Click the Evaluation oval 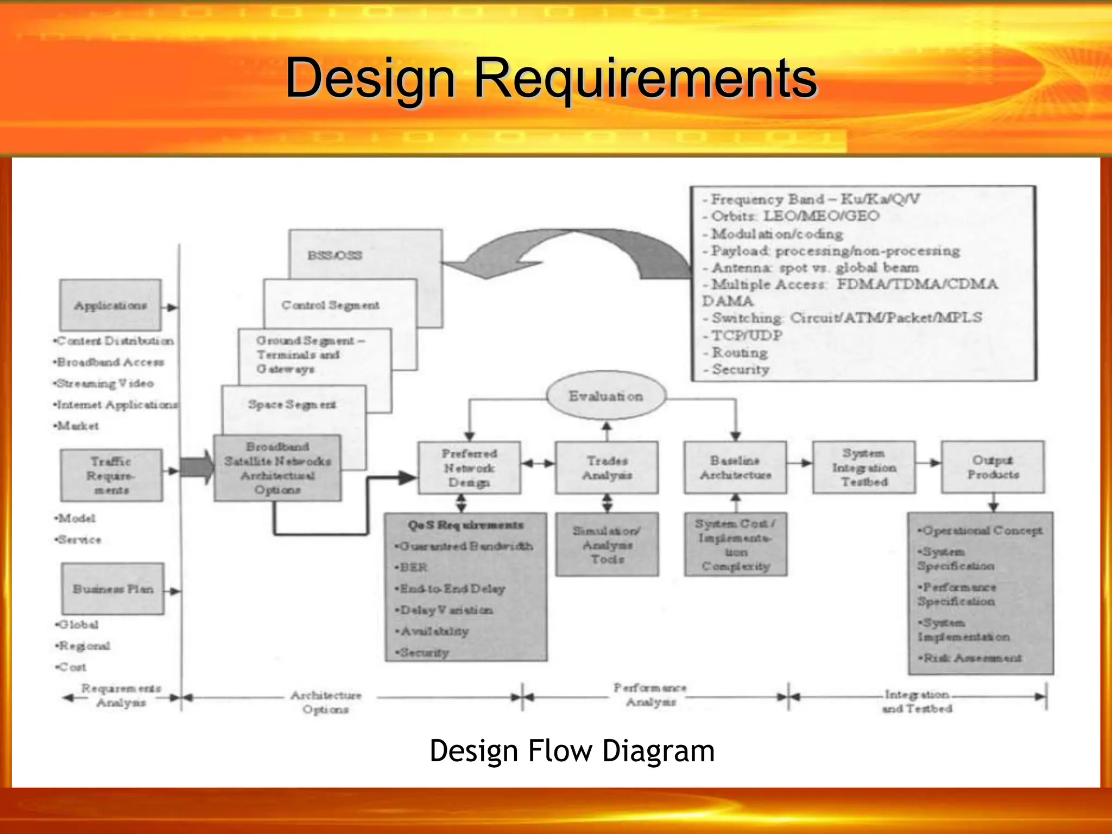pyautogui.click(x=606, y=396)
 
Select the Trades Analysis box pyautogui.click(x=606, y=467)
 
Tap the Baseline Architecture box pyautogui.click(x=735, y=467)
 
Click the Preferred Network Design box pyautogui.click(x=469, y=467)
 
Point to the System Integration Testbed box pyautogui.click(x=864, y=467)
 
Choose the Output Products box pyautogui.click(x=993, y=467)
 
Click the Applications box pyautogui.click(x=111, y=305)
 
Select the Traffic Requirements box pyautogui.click(x=111, y=475)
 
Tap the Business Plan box pyautogui.click(x=113, y=589)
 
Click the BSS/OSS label pyautogui.click(x=334, y=255)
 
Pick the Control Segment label pyautogui.click(x=330, y=305)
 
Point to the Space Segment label pyautogui.click(x=292, y=405)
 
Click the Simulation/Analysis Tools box pyautogui.click(x=607, y=545)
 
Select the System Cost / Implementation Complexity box pyautogui.click(x=736, y=545)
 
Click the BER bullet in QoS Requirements pyautogui.click(x=413, y=567)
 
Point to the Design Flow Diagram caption pyautogui.click(x=572, y=751)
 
